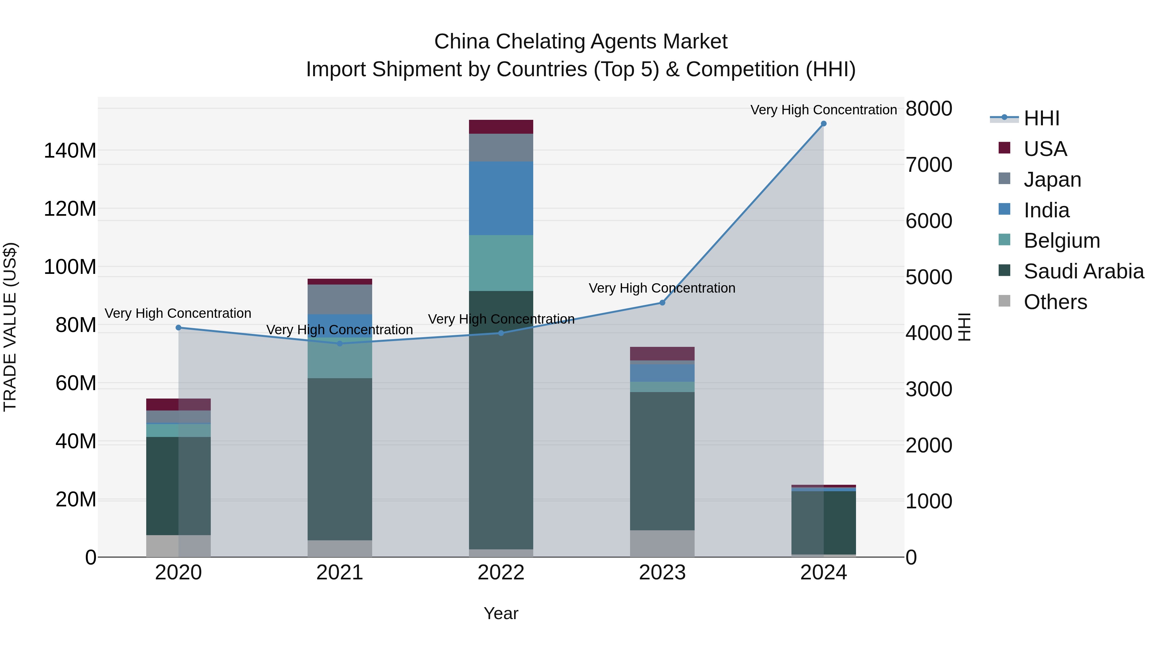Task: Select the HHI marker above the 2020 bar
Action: pos(178,328)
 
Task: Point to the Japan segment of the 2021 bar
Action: pos(340,299)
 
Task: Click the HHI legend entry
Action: pos(1041,118)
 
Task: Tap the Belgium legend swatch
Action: pos(1004,240)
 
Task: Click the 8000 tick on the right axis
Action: pos(929,109)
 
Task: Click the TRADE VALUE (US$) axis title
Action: pos(10,327)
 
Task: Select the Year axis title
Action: pos(501,613)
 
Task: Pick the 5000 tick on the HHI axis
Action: pos(929,277)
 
